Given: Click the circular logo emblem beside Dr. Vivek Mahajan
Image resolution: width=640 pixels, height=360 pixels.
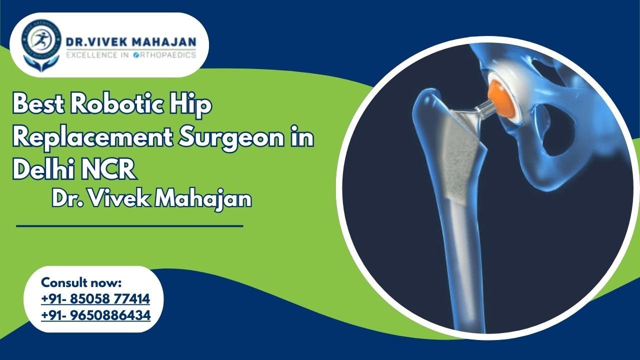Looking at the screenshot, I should coord(41,44).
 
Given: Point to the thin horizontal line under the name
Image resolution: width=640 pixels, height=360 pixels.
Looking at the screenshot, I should coord(129,226).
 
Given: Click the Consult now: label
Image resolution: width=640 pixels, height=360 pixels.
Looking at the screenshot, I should coord(81,282).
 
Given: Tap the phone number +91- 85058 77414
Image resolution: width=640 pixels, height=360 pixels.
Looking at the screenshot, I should coord(95,299).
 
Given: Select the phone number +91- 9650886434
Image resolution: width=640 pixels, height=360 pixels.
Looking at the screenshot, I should coord(95,315).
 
